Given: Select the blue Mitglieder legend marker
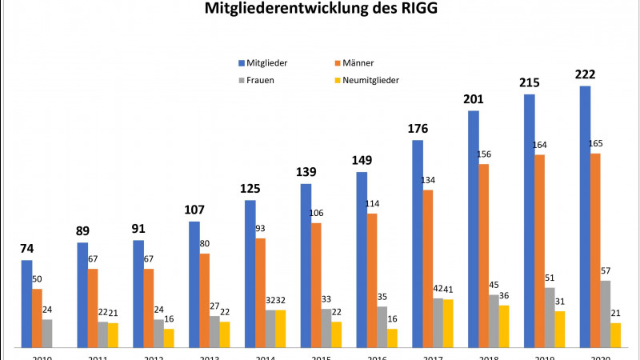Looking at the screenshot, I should coord(241,62).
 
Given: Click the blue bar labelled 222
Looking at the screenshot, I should coord(585,216).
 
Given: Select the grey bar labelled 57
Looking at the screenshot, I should coord(606,314).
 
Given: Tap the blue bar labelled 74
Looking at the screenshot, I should coord(27,303).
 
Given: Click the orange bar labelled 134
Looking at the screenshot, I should coord(428,268).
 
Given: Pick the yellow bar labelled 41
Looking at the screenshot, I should coord(447,323).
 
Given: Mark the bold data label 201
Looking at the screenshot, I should coord(474,98).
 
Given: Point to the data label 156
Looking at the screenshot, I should coord(484,154).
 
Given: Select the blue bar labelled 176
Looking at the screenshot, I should coord(418,243).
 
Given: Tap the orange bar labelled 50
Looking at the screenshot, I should coord(37,318).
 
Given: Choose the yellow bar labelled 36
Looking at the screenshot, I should coord(503,326).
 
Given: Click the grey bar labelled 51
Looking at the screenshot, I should coord(550,317).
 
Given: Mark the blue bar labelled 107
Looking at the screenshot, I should coord(194,284).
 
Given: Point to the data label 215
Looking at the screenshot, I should coord(530,82).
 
